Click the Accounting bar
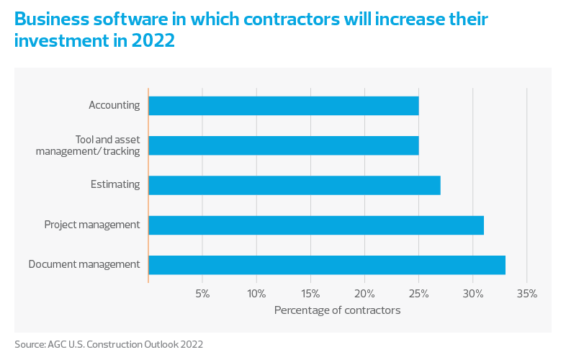(283, 106)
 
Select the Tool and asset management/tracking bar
(283, 145)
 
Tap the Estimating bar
(294, 185)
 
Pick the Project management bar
(315, 225)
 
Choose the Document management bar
(326, 264)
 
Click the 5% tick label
(202, 294)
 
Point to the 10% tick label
(256, 294)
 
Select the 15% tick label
(310, 294)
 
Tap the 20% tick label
(364, 294)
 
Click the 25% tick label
(418, 294)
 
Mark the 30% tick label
(472, 294)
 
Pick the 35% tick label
(526, 294)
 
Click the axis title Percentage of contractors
(337, 310)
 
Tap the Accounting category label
(114, 105)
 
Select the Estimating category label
(115, 184)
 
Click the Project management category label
(91, 225)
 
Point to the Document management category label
(84, 264)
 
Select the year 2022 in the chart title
(153, 40)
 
